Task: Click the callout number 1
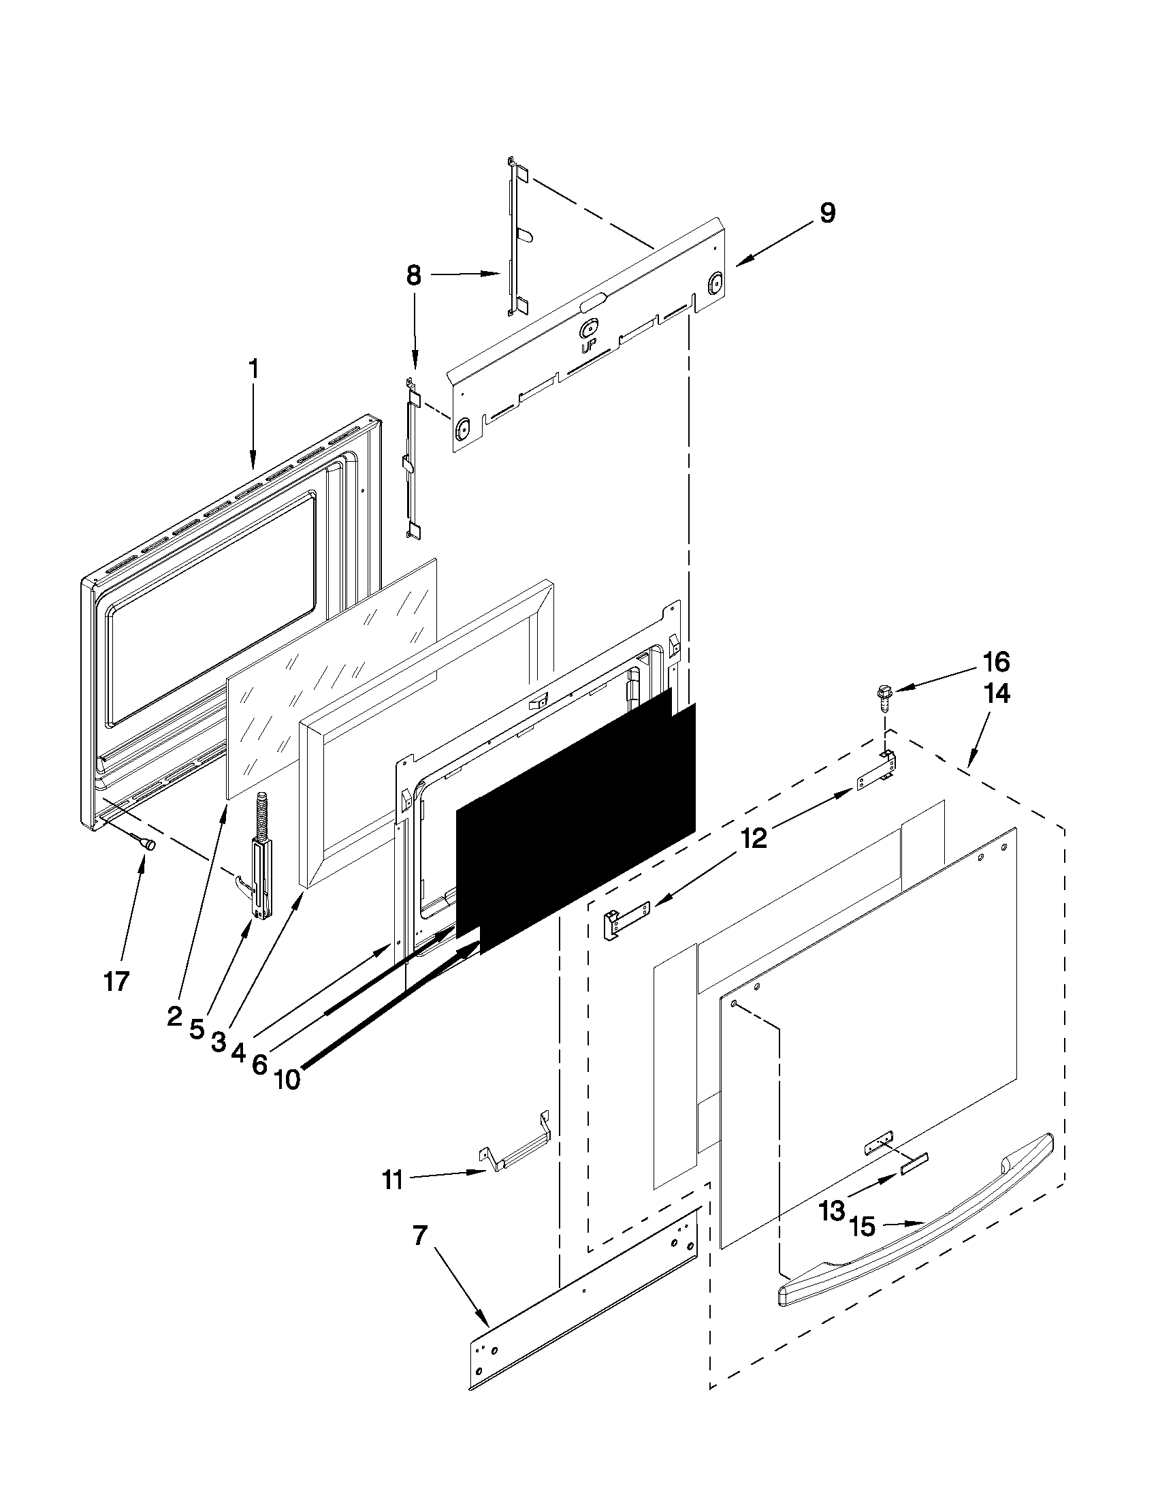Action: pyautogui.click(x=253, y=369)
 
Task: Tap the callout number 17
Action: pyautogui.click(x=116, y=982)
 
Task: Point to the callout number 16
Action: pyautogui.click(x=996, y=663)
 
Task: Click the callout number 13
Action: pyautogui.click(x=831, y=1212)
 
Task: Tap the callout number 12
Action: pyautogui.click(x=752, y=839)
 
